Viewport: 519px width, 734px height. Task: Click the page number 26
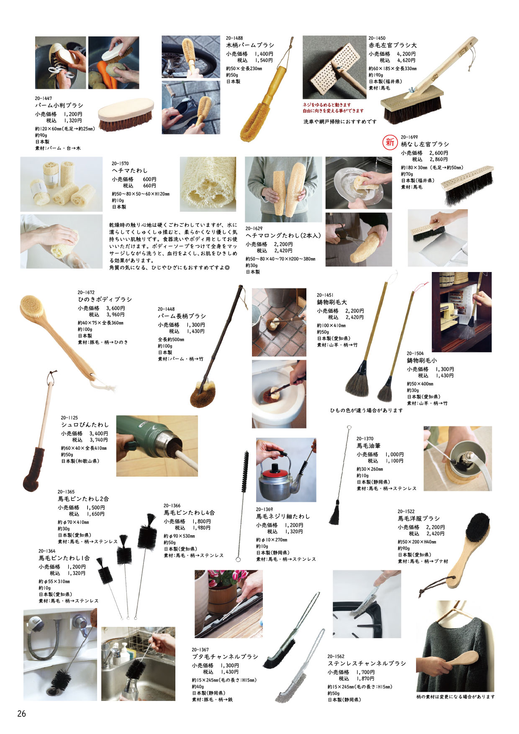coord(21,713)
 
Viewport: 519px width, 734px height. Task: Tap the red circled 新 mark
coord(390,142)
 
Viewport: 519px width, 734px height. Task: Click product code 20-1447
coord(44,98)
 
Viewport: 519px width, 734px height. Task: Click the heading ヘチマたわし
coord(130,171)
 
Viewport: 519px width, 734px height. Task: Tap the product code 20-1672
coord(86,293)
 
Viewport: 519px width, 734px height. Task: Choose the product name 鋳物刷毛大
coord(332,302)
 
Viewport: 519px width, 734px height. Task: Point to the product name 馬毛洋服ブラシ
coord(419,518)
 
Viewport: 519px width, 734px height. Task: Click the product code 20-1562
coord(336,657)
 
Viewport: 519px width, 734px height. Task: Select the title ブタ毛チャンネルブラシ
coord(225,657)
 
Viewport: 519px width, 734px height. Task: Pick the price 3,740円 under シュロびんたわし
coord(99,440)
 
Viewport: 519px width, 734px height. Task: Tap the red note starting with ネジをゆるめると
coord(327,105)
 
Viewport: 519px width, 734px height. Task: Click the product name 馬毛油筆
coord(368,446)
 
